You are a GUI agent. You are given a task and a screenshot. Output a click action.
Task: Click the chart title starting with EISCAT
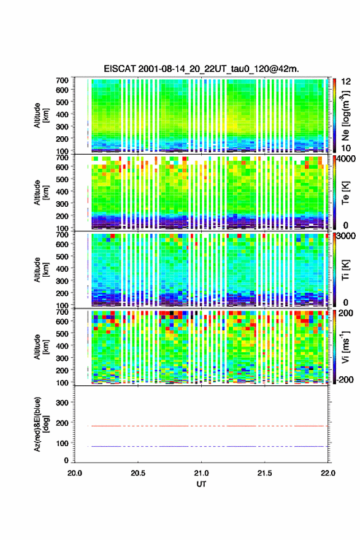(x=201, y=69)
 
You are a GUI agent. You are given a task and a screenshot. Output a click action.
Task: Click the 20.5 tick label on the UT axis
(x=137, y=473)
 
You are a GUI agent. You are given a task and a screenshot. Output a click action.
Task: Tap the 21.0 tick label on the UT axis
(x=201, y=473)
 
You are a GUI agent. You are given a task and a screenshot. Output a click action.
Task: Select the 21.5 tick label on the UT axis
(x=265, y=473)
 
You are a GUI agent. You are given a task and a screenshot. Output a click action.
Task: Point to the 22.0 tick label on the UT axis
(x=328, y=473)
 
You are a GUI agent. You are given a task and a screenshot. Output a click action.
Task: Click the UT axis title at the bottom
(x=201, y=484)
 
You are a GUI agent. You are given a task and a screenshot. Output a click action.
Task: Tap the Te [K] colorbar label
(x=345, y=193)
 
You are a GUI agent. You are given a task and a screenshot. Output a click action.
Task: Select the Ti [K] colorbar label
(x=345, y=270)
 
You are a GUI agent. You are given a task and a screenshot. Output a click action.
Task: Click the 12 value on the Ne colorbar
(x=347, y=82)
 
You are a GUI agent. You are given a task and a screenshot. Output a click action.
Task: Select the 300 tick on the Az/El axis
(x=62, y=403)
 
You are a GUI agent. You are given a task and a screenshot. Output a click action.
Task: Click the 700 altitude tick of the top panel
(x=62, y=80)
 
